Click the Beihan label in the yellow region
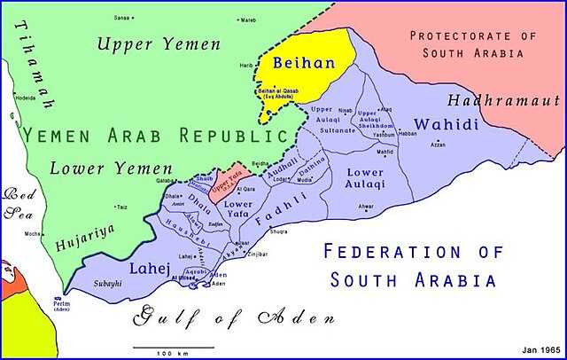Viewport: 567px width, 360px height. [x=302, y=64]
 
